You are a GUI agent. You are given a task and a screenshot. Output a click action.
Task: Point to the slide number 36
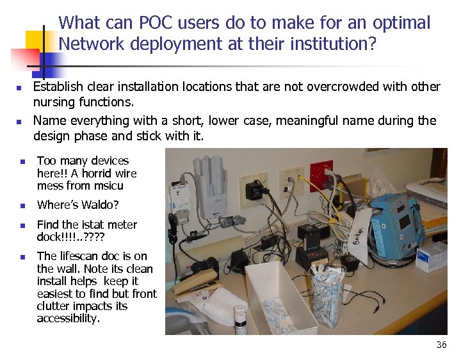pos(441,345)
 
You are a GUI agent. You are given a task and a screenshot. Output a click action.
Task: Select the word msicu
pos(108,186)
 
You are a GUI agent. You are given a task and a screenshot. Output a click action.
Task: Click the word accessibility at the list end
pos(69,318)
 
